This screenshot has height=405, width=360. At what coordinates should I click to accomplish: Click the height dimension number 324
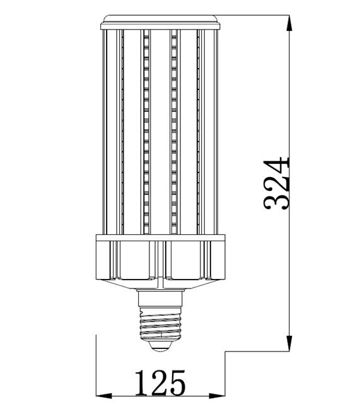click(x=276, y=183)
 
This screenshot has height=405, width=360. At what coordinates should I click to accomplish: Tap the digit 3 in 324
click(x=276, y=201)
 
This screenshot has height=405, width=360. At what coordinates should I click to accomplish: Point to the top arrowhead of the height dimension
click(x=289, y=24)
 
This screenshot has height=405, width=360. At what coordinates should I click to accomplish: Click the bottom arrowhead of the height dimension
click(x=289, y=343)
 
